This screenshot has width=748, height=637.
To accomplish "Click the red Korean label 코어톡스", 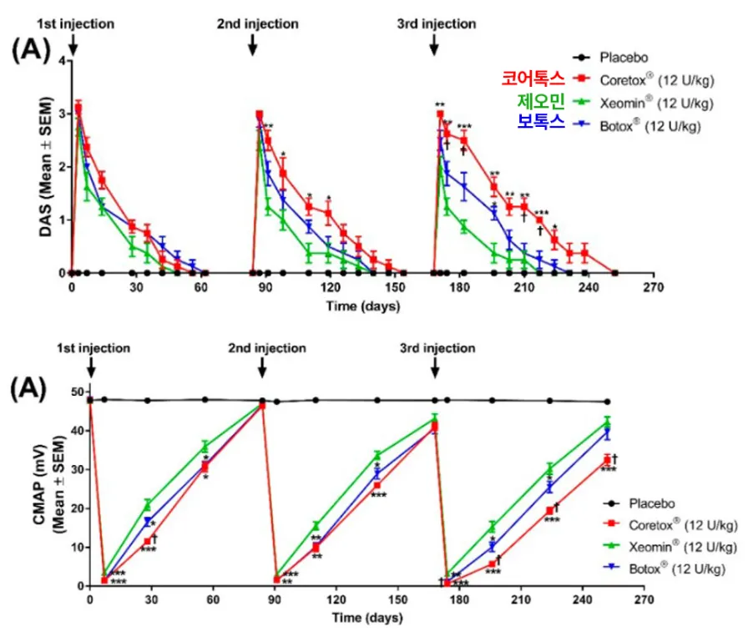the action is click(533, 78).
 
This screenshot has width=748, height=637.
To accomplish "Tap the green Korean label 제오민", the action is click(541, 101).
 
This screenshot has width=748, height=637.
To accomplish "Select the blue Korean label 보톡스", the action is click(541, 122).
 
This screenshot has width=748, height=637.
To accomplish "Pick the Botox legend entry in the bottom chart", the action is click(665, 569).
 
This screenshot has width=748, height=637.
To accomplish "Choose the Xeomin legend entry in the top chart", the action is click(643, 103).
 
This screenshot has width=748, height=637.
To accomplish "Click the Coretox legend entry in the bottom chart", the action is click(670, 525).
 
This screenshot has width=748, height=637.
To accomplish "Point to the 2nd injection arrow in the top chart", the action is click(253, 46).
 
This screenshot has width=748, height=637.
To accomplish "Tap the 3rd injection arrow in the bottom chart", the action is click(435, 368).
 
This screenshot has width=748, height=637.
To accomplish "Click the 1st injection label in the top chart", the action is click(76, 24).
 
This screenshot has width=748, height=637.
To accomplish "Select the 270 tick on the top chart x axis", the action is click(653, 287).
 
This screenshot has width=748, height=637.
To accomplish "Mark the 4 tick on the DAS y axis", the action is click(62, 61).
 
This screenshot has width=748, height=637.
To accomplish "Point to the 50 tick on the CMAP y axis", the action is click(78, 392).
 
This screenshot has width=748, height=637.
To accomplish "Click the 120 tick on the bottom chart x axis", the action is click(336, 599).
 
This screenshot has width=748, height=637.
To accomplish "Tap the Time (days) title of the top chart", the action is click(363, 306).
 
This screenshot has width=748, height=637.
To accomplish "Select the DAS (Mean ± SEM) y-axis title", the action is click(46, 166).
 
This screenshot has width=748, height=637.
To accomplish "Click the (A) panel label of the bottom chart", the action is click(28, 389).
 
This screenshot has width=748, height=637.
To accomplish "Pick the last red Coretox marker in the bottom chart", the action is click(607, 461).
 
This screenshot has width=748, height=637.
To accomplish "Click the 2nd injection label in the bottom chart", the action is click(267, 348).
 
